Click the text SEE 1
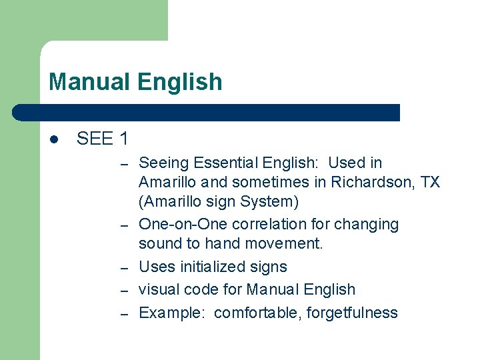(x=103, y=139)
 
